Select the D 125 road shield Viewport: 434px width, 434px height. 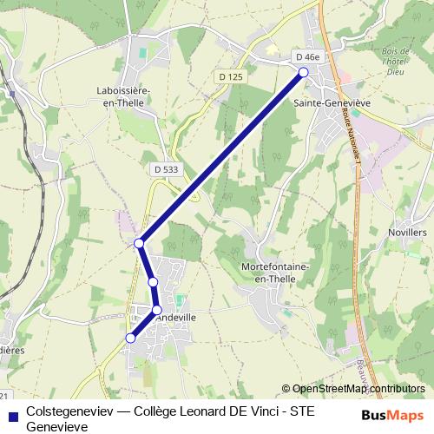tap(231, 77)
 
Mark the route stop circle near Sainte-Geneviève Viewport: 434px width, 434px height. tap(304, 73)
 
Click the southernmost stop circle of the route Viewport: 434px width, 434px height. tap(131, 338)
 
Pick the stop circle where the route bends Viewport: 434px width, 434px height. tap(139, 242)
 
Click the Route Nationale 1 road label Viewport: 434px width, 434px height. tap(352, 135)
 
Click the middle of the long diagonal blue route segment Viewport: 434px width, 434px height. tap(221, 157)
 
